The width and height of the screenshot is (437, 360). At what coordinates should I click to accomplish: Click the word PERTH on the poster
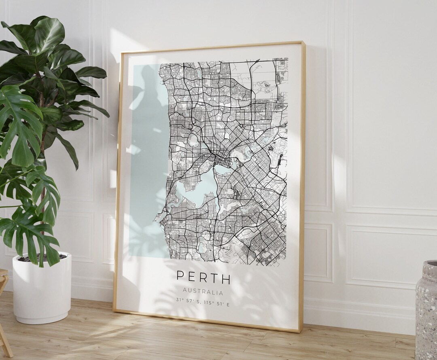(x=204, y=278)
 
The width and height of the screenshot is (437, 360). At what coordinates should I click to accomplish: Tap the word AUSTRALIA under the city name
(x=203, y=291)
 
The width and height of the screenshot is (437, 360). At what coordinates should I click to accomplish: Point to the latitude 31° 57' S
(x=189, y=300)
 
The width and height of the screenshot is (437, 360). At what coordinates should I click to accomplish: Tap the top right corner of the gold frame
(x=302, y=42)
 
